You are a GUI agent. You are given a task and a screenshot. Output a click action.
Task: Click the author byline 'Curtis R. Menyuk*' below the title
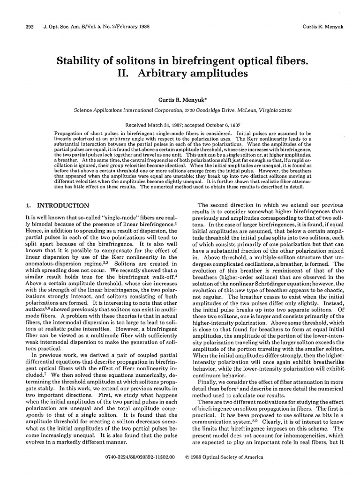click(182, 100)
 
